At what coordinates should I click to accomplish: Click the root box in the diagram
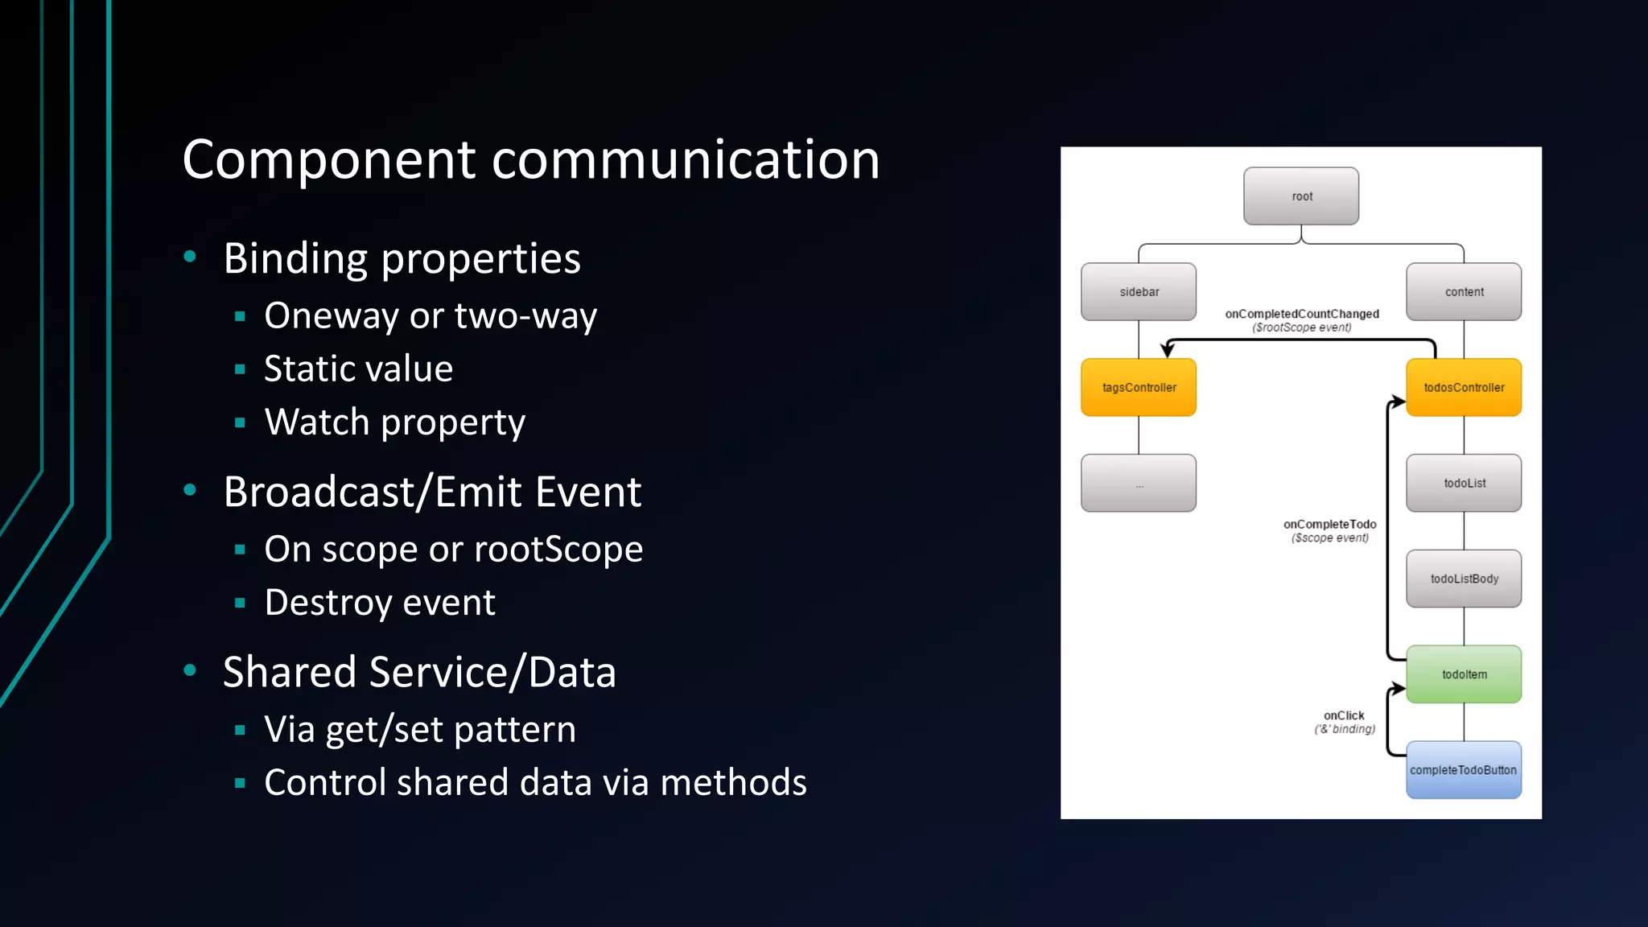point(1301,196)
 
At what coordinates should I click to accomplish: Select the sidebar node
point(1139,292)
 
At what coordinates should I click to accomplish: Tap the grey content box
point(1464,292)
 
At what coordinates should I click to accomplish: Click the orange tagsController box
point(1139,388)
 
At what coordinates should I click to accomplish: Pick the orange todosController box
point(1464,388)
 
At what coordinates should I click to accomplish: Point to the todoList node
point(1464,483)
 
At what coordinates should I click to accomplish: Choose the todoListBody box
point(1464,579)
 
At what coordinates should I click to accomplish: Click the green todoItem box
point(1464,674)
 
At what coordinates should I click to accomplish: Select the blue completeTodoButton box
point(1464,770)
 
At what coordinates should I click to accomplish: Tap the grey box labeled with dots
point(1139,483)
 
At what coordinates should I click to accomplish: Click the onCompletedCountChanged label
point(1302,315)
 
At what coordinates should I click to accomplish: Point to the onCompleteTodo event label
point(1329,525)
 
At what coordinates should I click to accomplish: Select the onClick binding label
point(1344,716)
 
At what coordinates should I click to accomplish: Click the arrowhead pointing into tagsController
point(1168,350)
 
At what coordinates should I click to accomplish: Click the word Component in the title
point(329,159)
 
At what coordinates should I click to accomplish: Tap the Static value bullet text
point(358,369)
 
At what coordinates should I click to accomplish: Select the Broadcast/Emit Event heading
point(432,492)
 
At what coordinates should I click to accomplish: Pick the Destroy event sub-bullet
point(380,603)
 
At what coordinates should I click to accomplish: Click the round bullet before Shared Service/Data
point(190,670)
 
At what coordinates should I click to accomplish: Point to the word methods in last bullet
point(733,782)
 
